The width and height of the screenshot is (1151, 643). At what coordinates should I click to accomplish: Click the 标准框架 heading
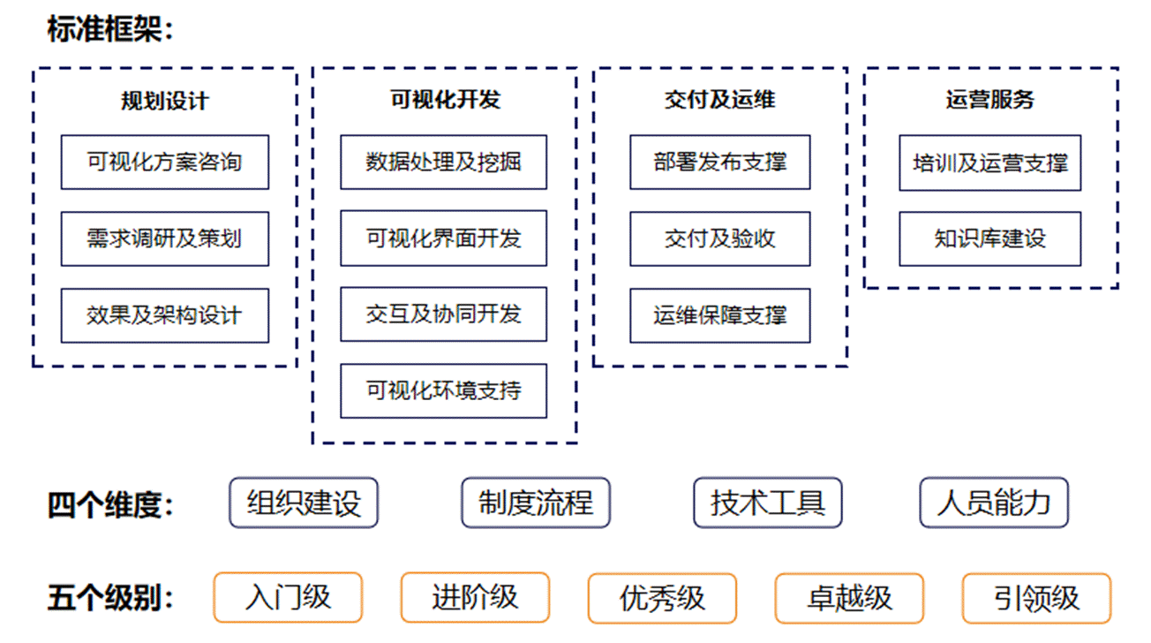[110, 29]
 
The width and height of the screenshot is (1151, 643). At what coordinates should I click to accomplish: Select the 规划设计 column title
[165, 101]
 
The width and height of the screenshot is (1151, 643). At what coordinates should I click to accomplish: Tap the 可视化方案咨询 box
[165, 163]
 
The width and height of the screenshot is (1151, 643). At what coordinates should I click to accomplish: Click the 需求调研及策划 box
[165, 239]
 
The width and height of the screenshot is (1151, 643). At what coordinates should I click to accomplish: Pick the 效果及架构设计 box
[165, 315]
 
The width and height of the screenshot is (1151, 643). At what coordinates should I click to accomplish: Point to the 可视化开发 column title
[445, 100]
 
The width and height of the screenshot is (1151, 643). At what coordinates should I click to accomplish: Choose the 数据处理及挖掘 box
[443, 163]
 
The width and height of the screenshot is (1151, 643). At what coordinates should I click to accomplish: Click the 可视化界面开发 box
[443, 238]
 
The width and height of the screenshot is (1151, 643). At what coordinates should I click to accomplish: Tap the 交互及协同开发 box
[443, 314]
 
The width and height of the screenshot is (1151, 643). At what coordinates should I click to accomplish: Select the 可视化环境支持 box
[443, 391]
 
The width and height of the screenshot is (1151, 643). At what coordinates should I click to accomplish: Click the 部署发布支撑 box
[720, 163]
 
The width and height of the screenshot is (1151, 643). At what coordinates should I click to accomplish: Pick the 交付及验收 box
[720, 239]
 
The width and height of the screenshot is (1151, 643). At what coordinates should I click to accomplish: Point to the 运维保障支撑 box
[720, 315]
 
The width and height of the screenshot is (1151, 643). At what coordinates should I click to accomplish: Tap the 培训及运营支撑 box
[990, 163]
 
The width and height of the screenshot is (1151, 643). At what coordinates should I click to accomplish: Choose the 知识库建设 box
[990, 239]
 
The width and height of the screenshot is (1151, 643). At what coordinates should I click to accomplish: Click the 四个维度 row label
[110, 504]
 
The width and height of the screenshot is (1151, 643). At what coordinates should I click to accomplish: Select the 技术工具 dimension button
[768, 503]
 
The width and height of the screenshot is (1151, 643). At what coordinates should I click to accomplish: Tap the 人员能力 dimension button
[994, 503]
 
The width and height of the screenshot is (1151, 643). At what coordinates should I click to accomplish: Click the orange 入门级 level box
[289, 598]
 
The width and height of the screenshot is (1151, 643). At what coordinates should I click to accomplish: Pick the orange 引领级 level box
[1037, 598]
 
